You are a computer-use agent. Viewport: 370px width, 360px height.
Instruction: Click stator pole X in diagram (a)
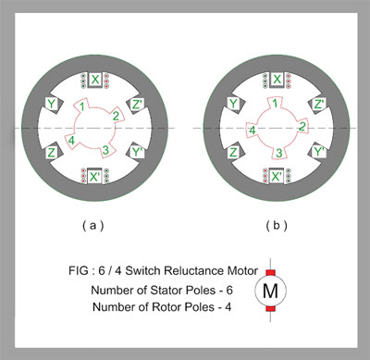tap(95, 80)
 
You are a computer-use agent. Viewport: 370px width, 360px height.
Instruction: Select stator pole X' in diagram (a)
tap(94, 176)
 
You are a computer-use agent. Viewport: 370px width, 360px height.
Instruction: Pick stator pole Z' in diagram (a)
tap(137, 106)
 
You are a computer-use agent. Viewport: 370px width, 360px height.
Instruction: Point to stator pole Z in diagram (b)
tap(236, 151)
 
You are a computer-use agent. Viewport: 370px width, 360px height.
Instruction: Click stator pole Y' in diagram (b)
tap(317, 152)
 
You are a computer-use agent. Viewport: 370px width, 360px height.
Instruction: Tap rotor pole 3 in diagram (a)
tap(106, 151)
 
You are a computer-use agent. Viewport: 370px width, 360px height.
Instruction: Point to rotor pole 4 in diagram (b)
tap(252, 130)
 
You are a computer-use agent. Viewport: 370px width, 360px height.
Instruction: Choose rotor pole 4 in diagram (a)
tap(71, 141)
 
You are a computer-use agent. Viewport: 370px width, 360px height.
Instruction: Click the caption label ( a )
tap(93, 226)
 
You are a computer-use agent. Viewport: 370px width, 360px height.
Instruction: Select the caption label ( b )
tap(277, 226)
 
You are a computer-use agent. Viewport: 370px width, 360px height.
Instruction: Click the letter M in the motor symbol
tap(270, 291)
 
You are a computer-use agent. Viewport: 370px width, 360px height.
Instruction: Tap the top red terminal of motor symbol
tap(270, 273)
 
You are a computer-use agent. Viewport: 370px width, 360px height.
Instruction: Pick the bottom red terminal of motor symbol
tap(270, 308)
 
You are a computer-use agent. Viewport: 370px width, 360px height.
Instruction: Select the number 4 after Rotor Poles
tap(228, 307)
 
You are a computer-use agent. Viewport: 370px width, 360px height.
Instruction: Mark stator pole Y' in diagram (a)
tap(136, 152)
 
